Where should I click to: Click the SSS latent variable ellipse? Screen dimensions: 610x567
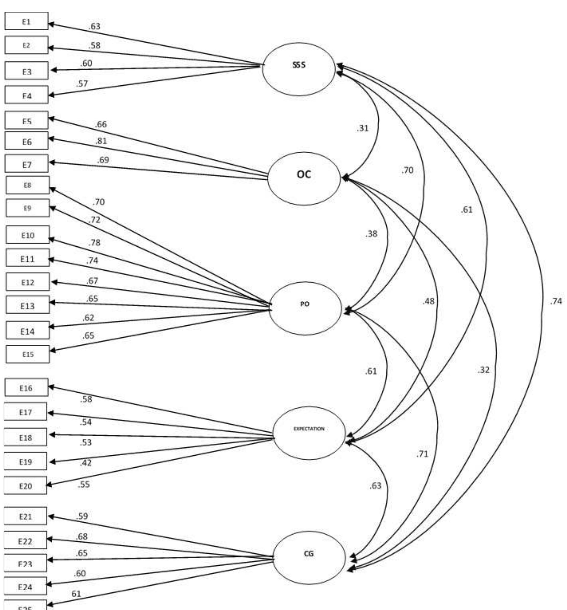tap(298, 69)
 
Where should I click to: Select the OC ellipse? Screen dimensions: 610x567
tap(304, 179)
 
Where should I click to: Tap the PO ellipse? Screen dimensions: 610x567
tap(305, 308)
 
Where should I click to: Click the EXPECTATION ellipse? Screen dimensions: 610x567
tap(309, 433)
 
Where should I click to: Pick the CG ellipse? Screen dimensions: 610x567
tap(309, 558)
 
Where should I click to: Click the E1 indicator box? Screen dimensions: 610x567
tap(27, 21)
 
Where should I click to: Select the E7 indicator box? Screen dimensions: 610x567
tap(27, 164)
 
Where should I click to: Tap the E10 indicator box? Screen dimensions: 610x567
tap(27, 235)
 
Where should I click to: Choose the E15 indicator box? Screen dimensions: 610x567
tap(27, 354)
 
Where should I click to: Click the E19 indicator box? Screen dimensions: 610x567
tap(25, 461)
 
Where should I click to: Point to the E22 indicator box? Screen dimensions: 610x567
tap(25, 541)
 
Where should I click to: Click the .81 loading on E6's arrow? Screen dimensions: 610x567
tap(101, 141)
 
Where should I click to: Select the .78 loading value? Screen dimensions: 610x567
tap(94, 243)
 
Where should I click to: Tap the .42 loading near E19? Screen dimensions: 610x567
tap(86, 463)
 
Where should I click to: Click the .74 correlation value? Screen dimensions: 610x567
tap(556, 301)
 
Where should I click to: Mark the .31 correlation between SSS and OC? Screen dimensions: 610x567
tap(362, 128)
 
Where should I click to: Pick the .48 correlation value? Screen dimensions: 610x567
tap(428, 301)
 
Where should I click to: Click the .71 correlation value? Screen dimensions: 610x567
tap(422, 454)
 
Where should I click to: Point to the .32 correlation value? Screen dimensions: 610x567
tap(483, 370)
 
